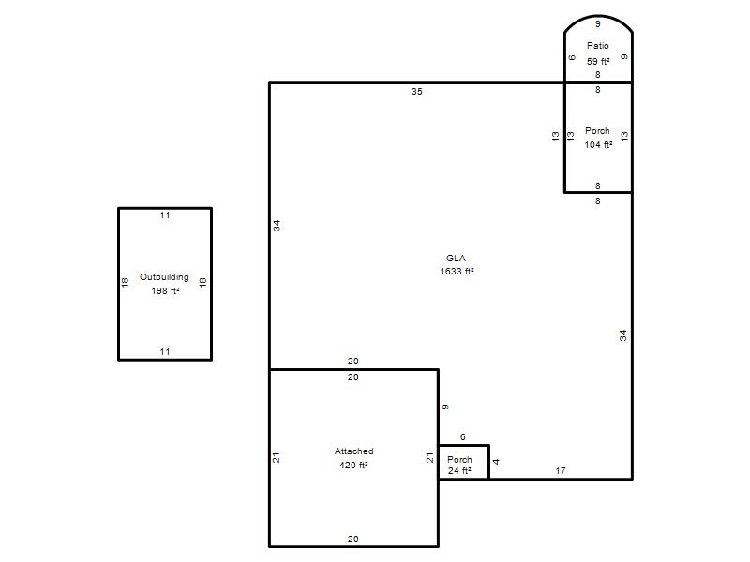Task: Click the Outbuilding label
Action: click(x=164, y=277)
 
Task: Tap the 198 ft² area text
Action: click(x=166, y=290)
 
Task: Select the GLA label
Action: click(x=456, y=259)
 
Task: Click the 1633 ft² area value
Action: click(x=457, y=271)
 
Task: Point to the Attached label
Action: click(x=354, y=451)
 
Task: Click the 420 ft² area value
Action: click(x=353, y=465)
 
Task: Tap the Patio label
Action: click(x=598, y=45)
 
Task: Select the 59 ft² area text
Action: click(x=598, y=61)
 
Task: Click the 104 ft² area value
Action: click(x=598, y=144)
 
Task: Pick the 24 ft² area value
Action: click(x=459, y=471)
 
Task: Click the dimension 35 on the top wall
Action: click(x=416, y=91)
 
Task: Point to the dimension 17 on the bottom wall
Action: click(x=561, y=471)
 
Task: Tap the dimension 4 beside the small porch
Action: click(x=497, y=461)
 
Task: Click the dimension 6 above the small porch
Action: click(x=462, y=436)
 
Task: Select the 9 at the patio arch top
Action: click(x=597, y=24)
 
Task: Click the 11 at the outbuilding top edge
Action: click(x=165, y=215)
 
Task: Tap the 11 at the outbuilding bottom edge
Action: click(x=165, y=352)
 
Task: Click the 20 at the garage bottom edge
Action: click(x=353, y=540)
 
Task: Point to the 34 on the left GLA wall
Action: click(x=277, y=226)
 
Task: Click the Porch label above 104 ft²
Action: click(x=597, y=130)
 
